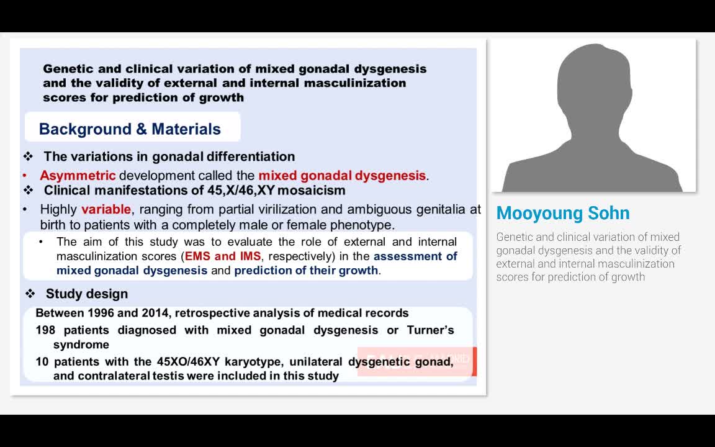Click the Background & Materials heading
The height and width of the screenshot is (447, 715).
tap(130, 129)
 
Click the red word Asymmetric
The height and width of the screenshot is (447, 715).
tap(78, 176)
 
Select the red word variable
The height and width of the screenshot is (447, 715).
tap(106, 209)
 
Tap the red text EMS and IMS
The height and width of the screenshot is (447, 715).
tap(223, 256)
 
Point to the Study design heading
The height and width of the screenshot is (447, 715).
tap(86, 294)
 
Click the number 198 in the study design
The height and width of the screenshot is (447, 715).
tap(46, 330)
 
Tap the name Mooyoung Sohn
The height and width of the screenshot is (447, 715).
tap(562, 213)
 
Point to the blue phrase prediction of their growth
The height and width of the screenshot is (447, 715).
tap(306, 270)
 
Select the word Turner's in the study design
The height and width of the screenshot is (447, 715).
tap(430, 330)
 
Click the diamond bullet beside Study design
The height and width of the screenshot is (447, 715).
tap(30, 294)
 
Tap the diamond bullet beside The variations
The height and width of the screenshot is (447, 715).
tap(28, 156)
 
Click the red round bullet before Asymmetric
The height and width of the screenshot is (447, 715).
tap(25, 176)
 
